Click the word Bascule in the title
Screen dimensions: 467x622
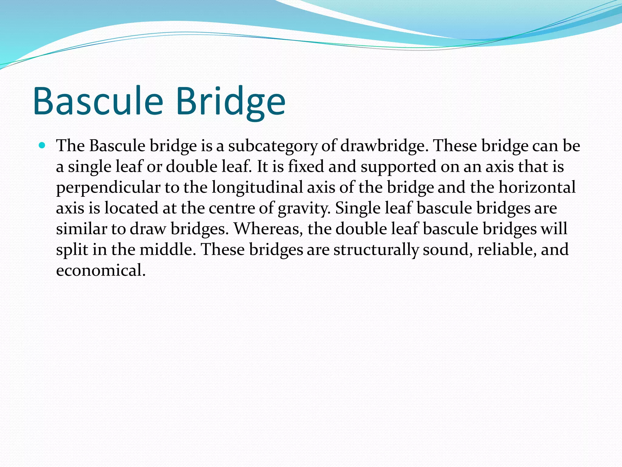click(x=98, y=101)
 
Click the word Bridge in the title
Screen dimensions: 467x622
click(x=231, y=101)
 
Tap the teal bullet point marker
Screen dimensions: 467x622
click(x=42, y=145)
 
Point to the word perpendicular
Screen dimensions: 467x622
click(x=108, y=188)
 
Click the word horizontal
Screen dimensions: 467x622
click(x=537, y=187)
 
